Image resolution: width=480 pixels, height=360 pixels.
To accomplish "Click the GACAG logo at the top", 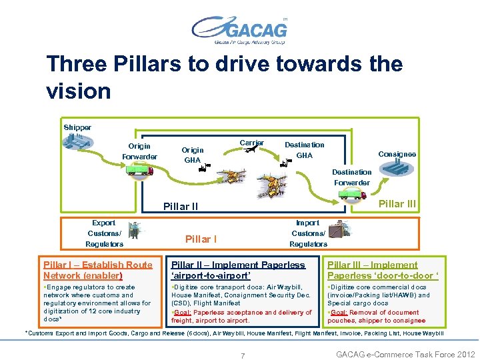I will (239, 30).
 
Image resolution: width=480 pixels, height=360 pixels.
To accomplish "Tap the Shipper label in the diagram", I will (77, 127).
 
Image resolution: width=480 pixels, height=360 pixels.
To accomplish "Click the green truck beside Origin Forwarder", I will (140, 170).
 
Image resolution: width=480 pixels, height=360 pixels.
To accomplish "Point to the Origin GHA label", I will (193, 155).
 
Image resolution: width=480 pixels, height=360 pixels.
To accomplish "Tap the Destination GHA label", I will (304, 150).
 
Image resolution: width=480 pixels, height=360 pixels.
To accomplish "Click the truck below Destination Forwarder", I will (351, 194).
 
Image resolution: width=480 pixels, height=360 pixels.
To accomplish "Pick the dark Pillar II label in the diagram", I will (181, 207).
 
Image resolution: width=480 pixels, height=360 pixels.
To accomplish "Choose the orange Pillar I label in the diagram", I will (201, 239).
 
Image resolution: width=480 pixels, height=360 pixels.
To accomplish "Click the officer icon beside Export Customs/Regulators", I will (134, 230).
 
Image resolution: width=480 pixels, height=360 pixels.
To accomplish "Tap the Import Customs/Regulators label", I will (307, 233).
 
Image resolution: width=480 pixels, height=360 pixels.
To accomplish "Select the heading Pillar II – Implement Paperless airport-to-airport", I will (238, 270).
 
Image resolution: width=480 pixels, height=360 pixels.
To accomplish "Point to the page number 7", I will (242, 355).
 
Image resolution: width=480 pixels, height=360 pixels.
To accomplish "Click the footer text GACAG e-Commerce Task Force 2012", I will (405, 355).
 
